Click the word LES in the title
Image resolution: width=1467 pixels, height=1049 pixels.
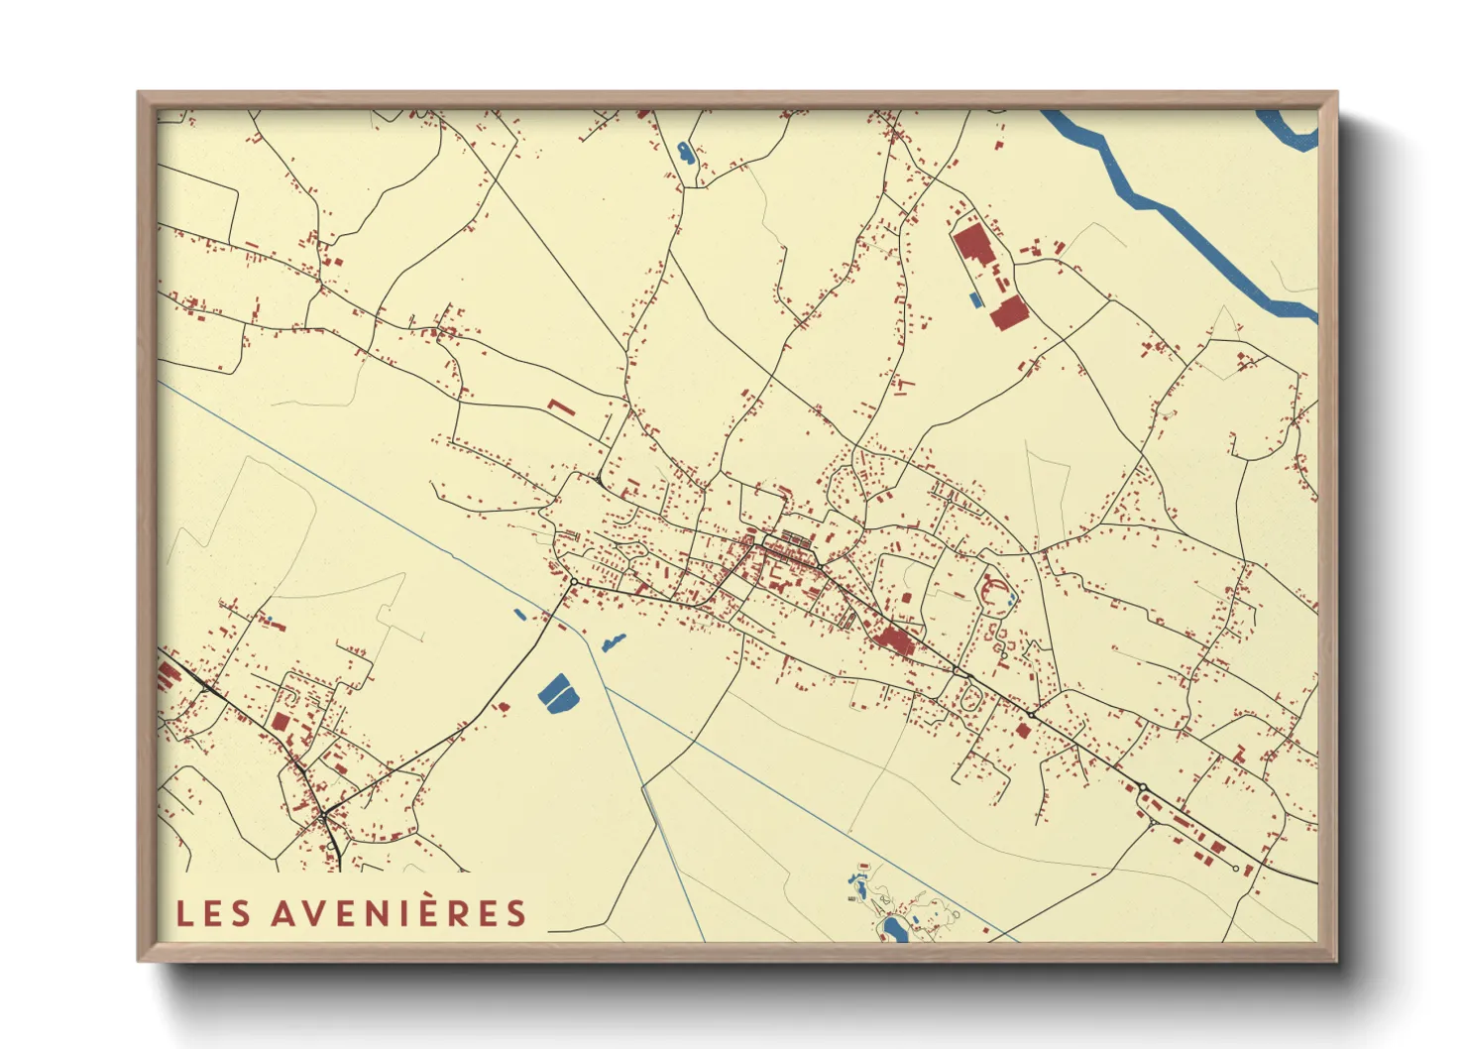point(213,913)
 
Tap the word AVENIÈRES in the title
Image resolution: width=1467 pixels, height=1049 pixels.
point(398,913)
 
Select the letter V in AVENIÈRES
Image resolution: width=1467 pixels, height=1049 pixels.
point(312,913)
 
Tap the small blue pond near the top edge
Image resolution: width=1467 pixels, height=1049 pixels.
point(685,153)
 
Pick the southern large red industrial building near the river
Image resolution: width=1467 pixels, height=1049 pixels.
point(1008,311)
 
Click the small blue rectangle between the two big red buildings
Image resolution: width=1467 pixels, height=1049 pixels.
point(974,298)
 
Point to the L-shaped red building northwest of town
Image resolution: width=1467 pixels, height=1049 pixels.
point(560,407)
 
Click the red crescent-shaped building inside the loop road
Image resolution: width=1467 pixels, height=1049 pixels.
point(988,591)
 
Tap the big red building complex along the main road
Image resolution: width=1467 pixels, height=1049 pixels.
point(895,641)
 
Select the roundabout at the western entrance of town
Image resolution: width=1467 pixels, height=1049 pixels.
point(574,582)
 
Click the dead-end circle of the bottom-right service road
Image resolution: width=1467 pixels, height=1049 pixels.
point(1235,869)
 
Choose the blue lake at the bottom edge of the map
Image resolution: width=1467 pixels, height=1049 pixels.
point(894,928)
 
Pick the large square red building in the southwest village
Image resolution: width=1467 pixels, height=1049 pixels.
point(281,721)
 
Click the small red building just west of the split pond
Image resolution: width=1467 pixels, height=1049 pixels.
point(503,706)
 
